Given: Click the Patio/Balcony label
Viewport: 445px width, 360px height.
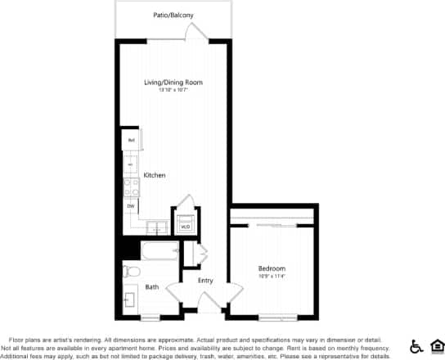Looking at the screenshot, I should [173, 15].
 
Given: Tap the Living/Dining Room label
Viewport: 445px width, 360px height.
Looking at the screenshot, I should [173, 83].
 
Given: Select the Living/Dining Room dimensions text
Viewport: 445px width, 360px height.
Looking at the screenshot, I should [173, 90].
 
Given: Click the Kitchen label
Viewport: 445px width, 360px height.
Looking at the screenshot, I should [155, 175].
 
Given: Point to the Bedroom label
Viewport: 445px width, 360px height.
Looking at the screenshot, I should [272, 268].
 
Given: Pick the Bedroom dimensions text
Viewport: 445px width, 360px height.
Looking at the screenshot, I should [272, 276].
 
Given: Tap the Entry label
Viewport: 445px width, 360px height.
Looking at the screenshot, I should [205, 281].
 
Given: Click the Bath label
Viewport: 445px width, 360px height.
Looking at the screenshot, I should [152, 287].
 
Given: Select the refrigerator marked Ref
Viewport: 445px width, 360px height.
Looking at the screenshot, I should [130, 141].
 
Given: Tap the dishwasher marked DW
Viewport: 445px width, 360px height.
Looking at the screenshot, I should [130, 205].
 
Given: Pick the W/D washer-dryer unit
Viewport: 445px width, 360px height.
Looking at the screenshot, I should [185, 223].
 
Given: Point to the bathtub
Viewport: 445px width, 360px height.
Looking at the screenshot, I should [160, 250].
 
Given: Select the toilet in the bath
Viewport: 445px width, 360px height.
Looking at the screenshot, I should [132, 272].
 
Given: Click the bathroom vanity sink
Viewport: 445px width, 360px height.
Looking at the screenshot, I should [129, 300].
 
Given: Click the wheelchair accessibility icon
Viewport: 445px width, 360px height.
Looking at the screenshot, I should [415, 345].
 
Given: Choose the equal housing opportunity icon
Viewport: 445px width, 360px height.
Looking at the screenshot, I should [435, 345].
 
